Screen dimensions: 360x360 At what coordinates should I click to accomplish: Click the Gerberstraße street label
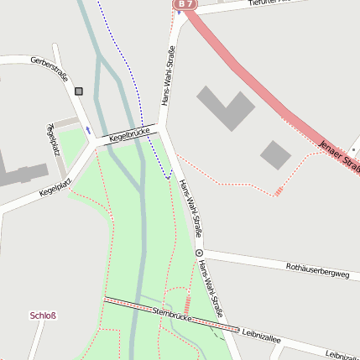[x=49, y=69]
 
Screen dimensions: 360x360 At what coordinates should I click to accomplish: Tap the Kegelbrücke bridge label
[x=128, y=133]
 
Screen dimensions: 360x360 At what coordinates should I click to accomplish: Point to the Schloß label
[x=43, y=316]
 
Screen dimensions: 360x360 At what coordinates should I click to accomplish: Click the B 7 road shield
[x=185, y=4]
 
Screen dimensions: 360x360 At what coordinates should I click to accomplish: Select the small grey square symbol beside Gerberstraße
[x=79, y=91]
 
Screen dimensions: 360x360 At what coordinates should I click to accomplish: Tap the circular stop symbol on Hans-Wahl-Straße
[x=199, y=252]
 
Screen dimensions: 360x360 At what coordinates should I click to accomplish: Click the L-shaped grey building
[x=225, y=107]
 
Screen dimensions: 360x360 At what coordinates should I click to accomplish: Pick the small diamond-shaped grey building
[x=275, y=154]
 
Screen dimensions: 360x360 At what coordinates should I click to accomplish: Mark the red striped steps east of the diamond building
[x=279, y=192]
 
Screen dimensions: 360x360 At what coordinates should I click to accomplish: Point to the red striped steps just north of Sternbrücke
[x=187, y=304]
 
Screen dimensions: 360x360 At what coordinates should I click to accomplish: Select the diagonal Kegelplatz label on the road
[x=55, y=185]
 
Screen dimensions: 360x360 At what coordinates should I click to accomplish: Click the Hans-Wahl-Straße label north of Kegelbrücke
[x=171, y=75]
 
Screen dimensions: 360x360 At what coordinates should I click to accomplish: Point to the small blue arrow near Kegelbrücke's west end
[x=87, y=130]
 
